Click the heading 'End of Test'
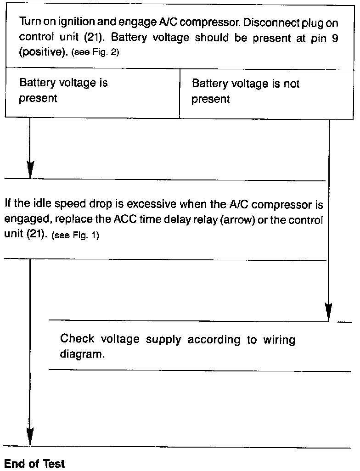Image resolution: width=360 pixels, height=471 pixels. [x=34, y=464]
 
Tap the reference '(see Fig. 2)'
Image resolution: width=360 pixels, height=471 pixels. [x=95, y=52]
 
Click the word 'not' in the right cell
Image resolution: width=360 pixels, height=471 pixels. [x=291, y=84]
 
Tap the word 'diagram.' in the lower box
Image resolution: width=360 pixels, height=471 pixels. [x=79, y=355]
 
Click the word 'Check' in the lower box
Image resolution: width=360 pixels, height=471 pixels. [x=78, y=339]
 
